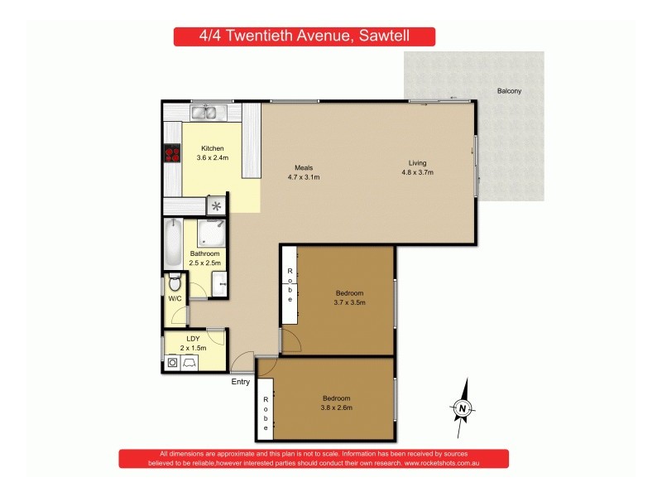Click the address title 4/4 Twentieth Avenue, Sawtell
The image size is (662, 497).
coord(304,36)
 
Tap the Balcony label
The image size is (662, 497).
coord(509,91)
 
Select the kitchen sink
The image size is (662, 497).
coord(204,112)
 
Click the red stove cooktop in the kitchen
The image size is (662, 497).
coord(172,152)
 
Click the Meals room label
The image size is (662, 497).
coord(303,168)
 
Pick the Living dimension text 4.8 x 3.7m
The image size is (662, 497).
coord(418,172)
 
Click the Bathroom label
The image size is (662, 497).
coord(204,253)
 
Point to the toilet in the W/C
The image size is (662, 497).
coord(174,283)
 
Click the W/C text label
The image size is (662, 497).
coord(174,299)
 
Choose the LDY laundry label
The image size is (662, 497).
coord(192,339)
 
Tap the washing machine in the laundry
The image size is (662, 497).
coord(172,361)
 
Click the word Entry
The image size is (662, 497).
coord(240,382)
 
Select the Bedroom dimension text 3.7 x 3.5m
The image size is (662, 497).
coord(349,302)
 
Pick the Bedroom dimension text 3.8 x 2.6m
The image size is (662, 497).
coord(337,407)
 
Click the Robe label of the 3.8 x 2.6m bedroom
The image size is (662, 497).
coord(266,411)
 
